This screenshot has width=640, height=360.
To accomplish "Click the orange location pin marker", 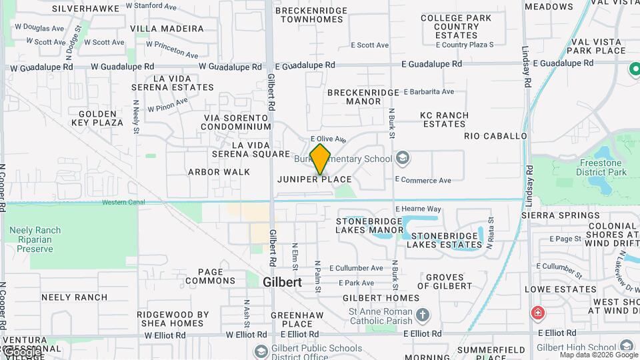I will tap(321, 159).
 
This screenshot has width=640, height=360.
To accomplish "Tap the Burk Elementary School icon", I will tap(402, 159).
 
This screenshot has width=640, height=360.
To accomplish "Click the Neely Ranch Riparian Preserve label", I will tap(35, 239).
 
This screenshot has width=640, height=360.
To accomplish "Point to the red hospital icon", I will tap(537, 313).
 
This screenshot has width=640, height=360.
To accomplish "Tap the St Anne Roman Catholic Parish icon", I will tap(423, 314).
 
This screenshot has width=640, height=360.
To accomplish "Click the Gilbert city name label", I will tap(282, 282).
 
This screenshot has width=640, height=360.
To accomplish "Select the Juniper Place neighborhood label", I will tap(315, 179).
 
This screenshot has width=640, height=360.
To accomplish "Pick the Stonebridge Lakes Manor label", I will tap(370, 225).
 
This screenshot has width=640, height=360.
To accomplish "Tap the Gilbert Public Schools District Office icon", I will tap(261, 351).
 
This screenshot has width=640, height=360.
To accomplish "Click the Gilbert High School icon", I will tap(626, 346).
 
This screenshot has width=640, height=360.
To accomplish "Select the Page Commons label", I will tap(211, 276).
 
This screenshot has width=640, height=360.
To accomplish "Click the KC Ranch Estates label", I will tap(444, 119).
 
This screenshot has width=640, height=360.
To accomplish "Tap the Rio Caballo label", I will tap(495, 136).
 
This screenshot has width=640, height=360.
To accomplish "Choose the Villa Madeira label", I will tap(167, 29).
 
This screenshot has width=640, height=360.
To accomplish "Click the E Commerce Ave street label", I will tap(423, 180).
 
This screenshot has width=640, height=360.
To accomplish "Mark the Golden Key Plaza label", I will tap(101, 118).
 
